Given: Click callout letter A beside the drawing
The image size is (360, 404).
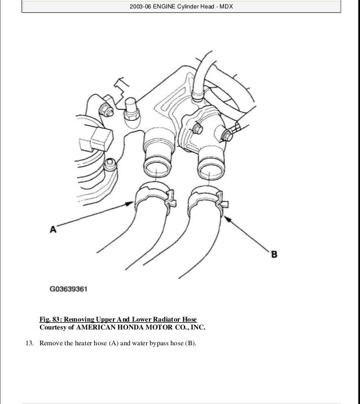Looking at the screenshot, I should (x=53, y=229).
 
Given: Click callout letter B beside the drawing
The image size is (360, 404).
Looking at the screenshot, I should (x=274, y=254).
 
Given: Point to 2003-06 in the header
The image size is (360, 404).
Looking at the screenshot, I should (x=138, y=7).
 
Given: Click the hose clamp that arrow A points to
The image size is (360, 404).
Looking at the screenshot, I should (x=152, y=196).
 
